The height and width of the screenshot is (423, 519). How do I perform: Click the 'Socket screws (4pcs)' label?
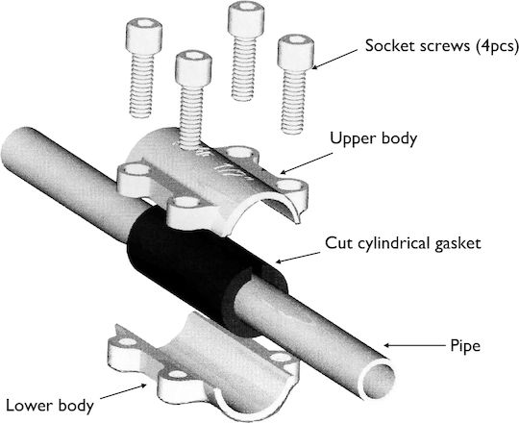click(441, 46)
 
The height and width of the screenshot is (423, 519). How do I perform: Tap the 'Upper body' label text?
click(373, 138)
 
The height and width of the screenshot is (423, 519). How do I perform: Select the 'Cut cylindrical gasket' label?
click(403, 243)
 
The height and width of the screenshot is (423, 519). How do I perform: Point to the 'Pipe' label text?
click(465, 346)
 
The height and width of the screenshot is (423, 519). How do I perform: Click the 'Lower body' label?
click(50, 406)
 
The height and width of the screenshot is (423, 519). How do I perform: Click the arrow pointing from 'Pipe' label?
click(415, 345)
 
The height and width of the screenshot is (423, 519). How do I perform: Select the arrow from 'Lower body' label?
click(123, 391)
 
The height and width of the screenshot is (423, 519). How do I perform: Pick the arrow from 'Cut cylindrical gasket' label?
click(298, 258)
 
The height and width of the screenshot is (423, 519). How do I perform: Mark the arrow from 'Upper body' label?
click(307, 162)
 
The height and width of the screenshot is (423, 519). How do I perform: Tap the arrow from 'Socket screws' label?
click(334, 59)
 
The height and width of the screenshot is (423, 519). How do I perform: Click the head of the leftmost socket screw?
click(144, 36)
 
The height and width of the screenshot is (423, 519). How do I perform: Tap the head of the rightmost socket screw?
click(296, 52)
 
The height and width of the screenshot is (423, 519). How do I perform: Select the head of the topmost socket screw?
click(245, 18)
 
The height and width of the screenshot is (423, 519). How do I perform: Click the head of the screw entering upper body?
click(193, 69)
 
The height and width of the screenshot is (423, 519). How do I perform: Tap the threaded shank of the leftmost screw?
click(141, 86)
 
